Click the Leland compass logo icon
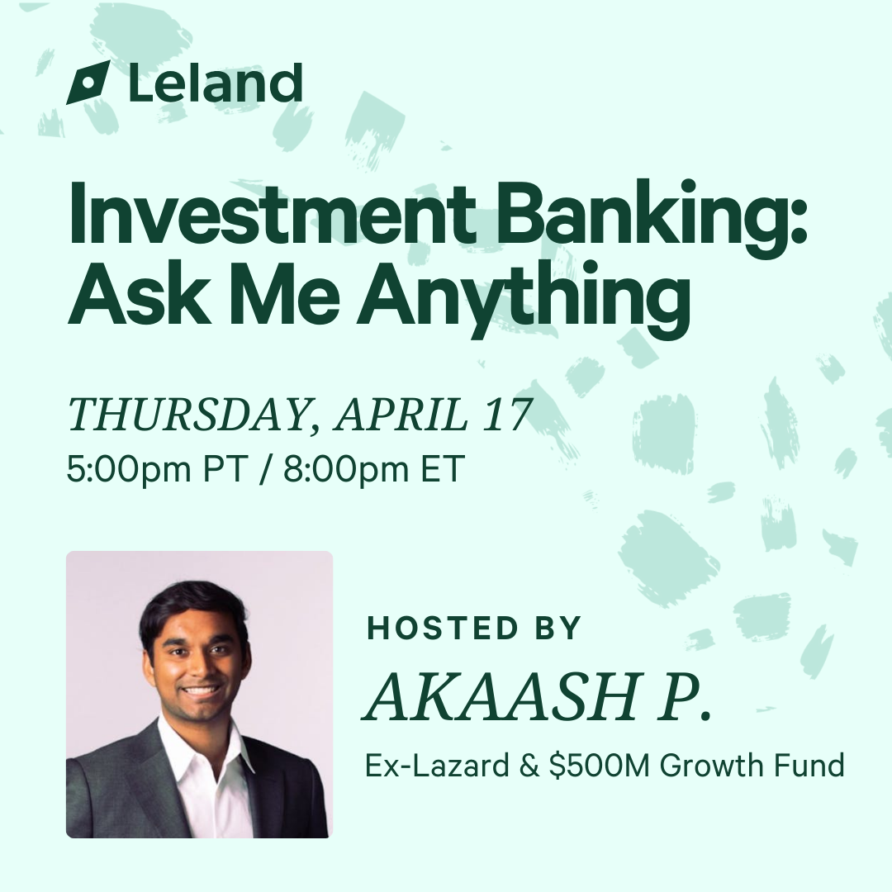88,83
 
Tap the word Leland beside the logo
215,83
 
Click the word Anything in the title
523,301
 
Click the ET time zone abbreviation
439,469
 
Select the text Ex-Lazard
437,765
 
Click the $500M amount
599,765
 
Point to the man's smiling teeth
202,690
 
